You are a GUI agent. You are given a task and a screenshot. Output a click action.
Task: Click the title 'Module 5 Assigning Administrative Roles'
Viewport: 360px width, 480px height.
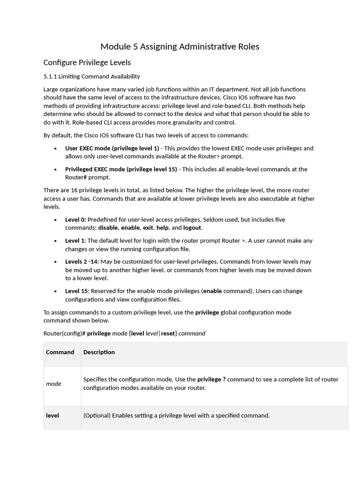pyautogui.click(x=180, y=46)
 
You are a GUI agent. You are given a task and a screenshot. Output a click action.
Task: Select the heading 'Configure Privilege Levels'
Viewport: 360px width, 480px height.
pyautogui.click(x=87, y=62)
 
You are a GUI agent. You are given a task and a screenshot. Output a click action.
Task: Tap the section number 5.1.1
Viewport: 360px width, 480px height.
pyautogui.click(x=50, y=76)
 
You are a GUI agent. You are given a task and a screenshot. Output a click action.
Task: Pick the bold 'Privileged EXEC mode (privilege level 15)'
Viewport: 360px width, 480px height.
pyautogui.click(x=121, y=169)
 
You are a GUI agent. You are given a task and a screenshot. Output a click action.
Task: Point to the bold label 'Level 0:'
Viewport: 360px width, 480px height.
pyautogui.click(x=75, y=219)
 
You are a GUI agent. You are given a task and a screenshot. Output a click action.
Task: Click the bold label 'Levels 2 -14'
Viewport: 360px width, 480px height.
pyautogui.click(x=82, y=262)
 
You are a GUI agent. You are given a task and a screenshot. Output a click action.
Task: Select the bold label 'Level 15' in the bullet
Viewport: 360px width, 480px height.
pyautogui.click(x=77, y=291)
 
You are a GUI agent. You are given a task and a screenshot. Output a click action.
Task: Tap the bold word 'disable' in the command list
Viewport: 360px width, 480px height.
pyautogui.click(x=108, y=228)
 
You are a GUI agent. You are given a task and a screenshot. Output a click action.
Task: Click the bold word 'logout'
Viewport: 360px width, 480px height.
pyautogui.click(x=192, y=228)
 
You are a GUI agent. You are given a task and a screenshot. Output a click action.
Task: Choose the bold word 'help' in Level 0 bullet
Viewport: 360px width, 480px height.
pyautogui.click(x=162, y=228)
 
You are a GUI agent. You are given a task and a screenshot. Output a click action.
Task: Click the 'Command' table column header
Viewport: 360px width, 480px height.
pyautogui.click(x=60, y=352)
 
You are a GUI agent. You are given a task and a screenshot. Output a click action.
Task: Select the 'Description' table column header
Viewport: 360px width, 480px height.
pyautogui.click(x=99, y=352)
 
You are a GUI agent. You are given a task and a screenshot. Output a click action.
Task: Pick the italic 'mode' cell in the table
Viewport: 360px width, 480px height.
pyautogui.click(x=53, y=383)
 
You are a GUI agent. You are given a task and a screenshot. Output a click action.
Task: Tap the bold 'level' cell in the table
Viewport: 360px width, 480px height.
pyautogui.click(x=52, y=415)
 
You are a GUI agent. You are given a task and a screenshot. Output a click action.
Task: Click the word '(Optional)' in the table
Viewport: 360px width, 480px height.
pyautogui.click(x=97, y=415)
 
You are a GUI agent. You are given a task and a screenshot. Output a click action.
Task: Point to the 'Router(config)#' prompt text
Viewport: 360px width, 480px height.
pyautogui.click(x=64, y=334)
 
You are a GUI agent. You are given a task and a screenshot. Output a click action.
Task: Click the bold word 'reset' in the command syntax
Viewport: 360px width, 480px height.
pyautogui.click(x=168, y=334)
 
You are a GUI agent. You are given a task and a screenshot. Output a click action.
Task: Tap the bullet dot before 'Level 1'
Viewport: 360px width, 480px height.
pyautogui.click(x=56, y=241)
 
